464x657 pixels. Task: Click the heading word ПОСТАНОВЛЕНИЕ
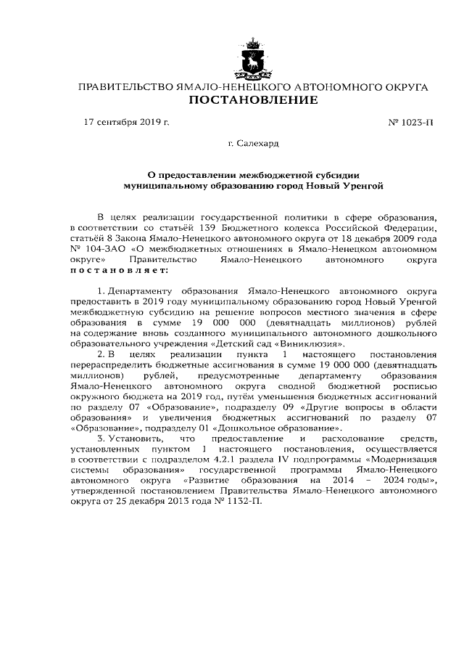coord(253,99)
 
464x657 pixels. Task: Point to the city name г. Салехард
coord(253,144)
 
